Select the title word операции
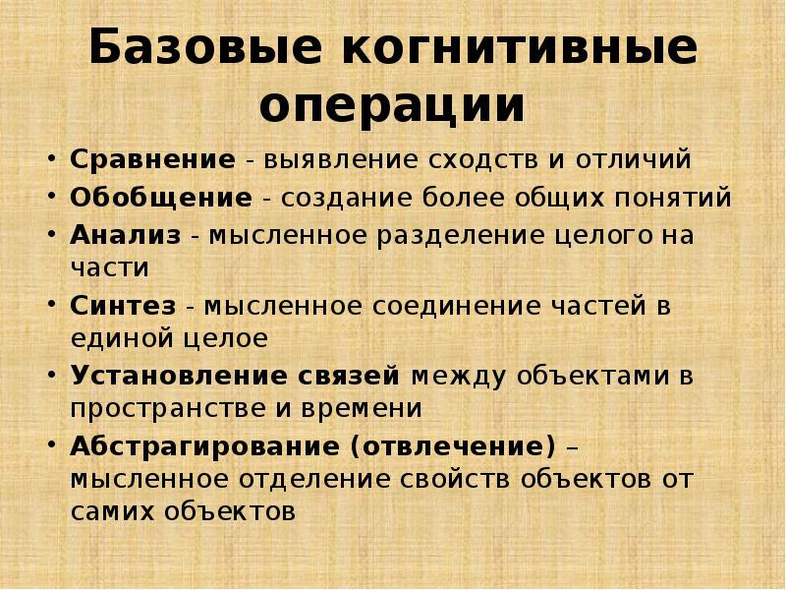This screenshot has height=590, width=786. coord(392,106)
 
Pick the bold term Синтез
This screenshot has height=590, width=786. coord(123,307)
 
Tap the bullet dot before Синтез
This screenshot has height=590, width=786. coord(51,306)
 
